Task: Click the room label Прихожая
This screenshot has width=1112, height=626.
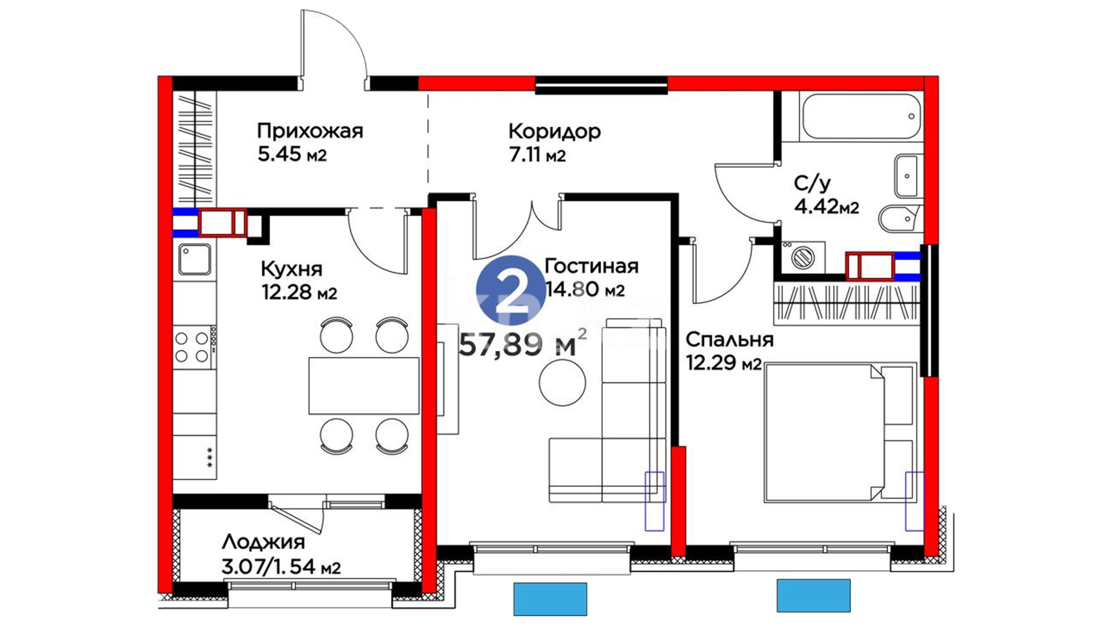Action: pyautogui.click(x=310, y=131)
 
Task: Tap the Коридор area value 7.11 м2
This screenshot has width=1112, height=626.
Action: pyautogui.click(x=537, y=155)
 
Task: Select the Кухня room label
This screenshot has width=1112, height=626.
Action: pyautogui.click(x=291, y=268)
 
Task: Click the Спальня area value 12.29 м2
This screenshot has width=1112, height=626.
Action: pyautogui.click(x=723, y=363)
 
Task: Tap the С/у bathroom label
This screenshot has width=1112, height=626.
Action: pyautogui.click(x=812, y=183)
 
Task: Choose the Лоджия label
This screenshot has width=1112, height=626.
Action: pyautogui.click(x=263, y=543)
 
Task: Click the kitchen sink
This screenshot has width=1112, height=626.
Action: pyautogui.click(x=195, y=259)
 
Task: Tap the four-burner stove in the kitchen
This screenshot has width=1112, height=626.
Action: pyautogui.click(x=195, y=347)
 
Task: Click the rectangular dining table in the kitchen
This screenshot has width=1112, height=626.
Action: pyautogui.click(x=364, y=385)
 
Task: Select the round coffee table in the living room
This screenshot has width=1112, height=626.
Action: pyautogui.click(x=562, y=382)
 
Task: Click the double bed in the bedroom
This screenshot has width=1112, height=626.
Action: pyautogui.click(x=840, y=432)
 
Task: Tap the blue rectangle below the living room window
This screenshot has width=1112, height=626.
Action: pyautogui.click(x=550, y=599)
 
